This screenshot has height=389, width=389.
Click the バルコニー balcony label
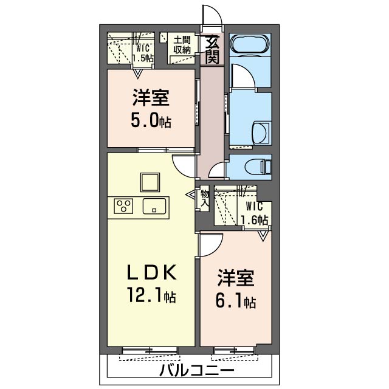(196, 371)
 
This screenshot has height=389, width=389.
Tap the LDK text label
(151, 272)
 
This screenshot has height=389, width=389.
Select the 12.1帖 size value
(151, 294)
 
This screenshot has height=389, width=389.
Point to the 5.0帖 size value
(151, 120)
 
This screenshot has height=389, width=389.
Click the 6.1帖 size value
(236, 301)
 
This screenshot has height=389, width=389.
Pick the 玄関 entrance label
(213, 49)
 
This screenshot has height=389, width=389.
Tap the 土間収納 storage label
(182, 45)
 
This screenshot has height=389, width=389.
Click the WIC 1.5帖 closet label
(143, 53)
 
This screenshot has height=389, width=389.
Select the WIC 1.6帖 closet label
(255, 213)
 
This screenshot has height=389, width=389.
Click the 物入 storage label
(204, 198)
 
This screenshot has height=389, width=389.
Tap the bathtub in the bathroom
(249, 44)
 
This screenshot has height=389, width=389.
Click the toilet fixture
(258, 166)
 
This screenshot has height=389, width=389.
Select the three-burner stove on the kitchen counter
(123, 206)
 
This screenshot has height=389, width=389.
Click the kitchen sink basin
(154, 206)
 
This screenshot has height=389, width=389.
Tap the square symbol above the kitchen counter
(150, 182)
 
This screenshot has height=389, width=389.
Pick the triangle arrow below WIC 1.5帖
(137, 74)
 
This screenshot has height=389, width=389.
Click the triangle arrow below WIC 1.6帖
(263, 236)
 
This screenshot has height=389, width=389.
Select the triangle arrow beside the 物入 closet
(191, 194)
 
